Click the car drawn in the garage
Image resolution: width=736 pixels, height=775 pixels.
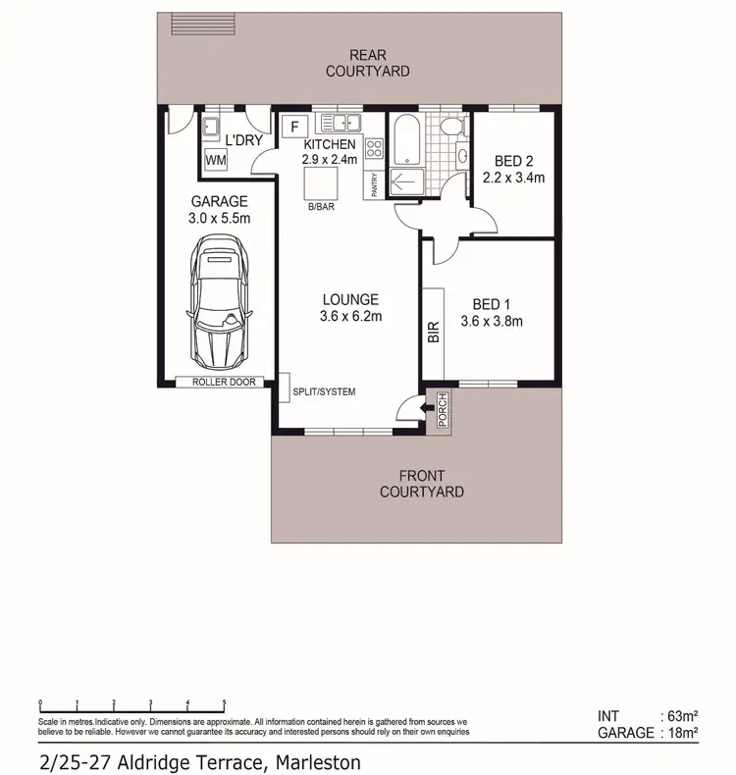(220, 303)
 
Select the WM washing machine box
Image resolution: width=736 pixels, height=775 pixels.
(215, 160)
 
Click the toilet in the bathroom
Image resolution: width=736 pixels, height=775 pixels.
(449, 129)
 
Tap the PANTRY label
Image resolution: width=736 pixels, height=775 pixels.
(374, 183)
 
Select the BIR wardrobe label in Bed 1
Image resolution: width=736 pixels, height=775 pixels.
(433, 333)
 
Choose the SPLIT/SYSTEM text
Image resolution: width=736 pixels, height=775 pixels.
(324, 392)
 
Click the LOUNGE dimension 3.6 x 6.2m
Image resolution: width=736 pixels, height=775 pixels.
(350, 316)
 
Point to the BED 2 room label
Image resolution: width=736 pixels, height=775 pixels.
(513, 162)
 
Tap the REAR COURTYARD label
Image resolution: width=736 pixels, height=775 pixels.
(367, 64)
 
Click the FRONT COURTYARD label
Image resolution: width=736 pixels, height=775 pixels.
(421, 484)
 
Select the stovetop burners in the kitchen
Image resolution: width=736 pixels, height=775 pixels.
(374, 149)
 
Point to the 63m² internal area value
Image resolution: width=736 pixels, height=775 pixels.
(680, 716)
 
